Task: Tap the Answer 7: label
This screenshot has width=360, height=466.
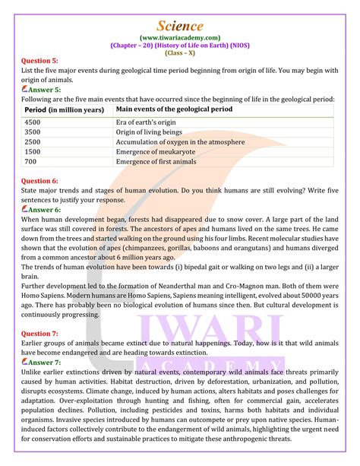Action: coord(44,363)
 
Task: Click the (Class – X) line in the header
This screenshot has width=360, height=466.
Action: coord(180,52)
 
